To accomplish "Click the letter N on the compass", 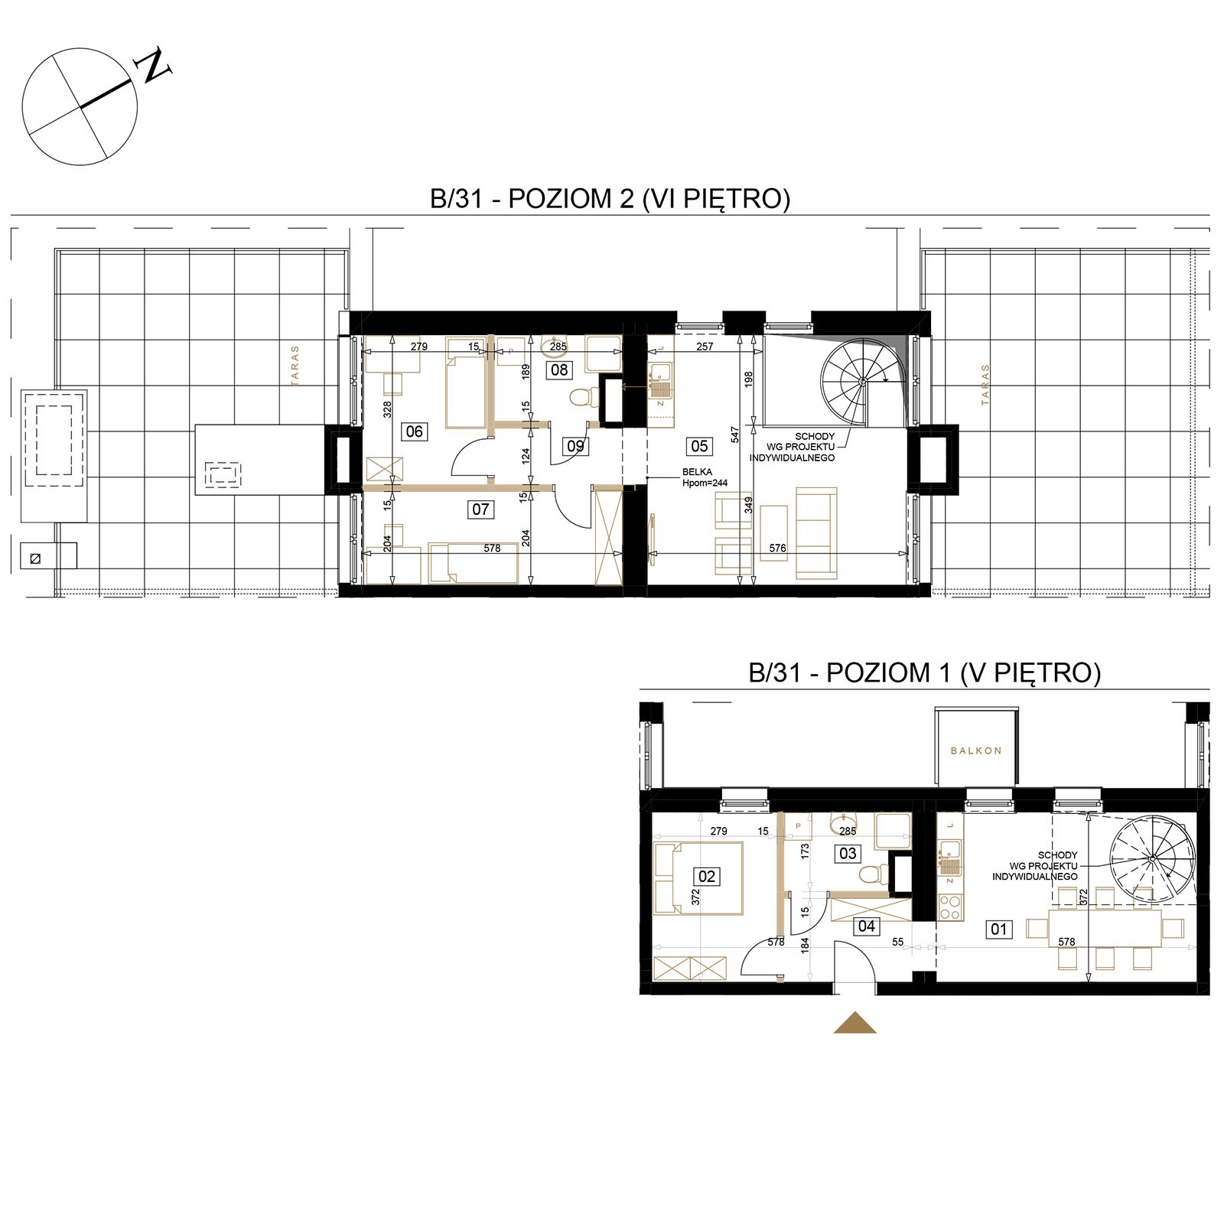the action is pyautogui.click(x=153, y=66).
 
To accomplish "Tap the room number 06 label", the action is pyautogui.click(x=414, y=431).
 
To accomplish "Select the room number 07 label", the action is pyautogui.click(x=480, y=509).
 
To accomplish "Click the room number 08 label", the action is pyautogui.click(x=560, y=370).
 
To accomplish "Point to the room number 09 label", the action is pyautogui.click(x=575, y=445).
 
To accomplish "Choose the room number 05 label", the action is pyautogui.click(x=699, y=446).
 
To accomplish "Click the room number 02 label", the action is pyautogui.click(x=707, y=876).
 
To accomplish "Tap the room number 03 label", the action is pyautogui.click(x=848, y=854).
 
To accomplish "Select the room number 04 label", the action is pyautogui.click(x=866, y=926).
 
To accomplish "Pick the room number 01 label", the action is pyautogui.click(x=999, y=929).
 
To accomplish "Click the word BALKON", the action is pyautogui.click(x=976, y=750).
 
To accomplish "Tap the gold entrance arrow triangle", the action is pyautogui.click(x=855, y=1023).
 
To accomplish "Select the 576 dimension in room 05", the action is pyautogui.click(x=777, y=549).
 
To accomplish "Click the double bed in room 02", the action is pyautogui.click(x=698, y=877).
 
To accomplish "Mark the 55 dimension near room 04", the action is pyautogui.click(x=898, y=942).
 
